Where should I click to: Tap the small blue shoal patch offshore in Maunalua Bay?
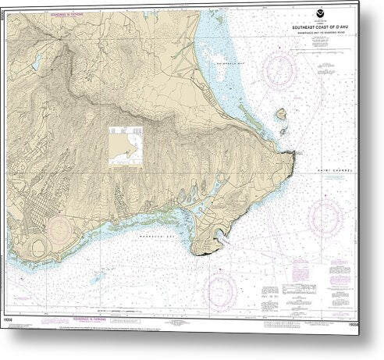98,276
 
